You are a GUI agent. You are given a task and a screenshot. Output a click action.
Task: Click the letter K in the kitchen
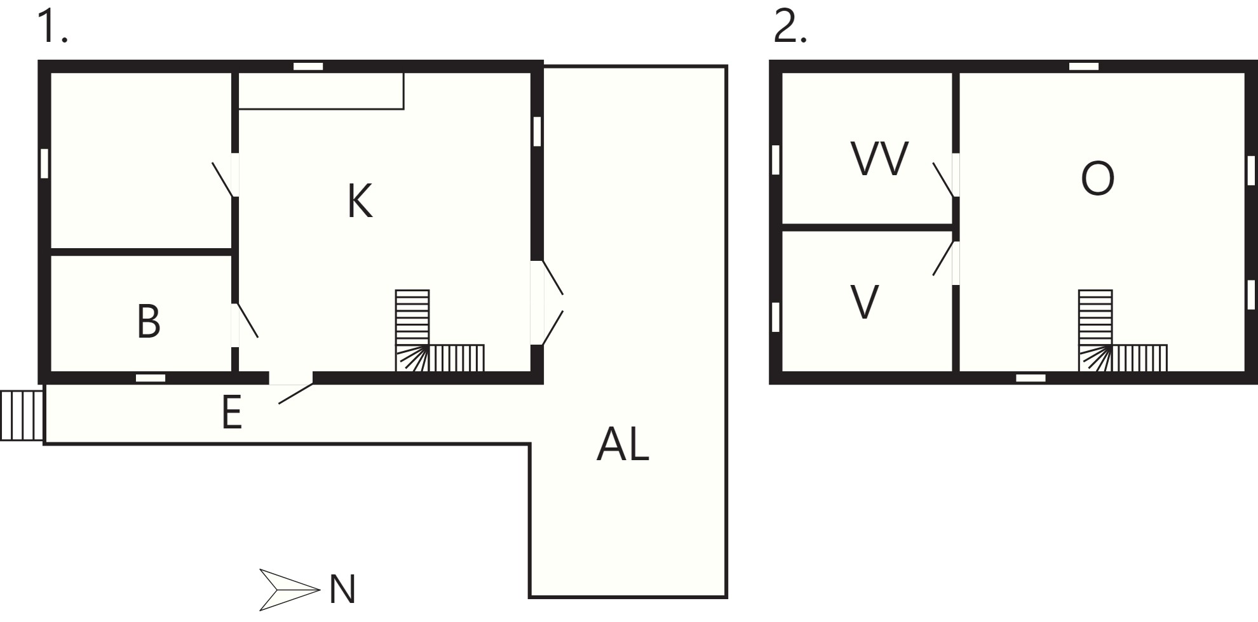pos(360,201)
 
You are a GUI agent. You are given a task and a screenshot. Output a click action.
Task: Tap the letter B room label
pos(149,321)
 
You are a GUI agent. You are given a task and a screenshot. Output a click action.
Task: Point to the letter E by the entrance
pos(232,412)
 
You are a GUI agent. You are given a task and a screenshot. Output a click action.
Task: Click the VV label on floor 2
pos(880,159)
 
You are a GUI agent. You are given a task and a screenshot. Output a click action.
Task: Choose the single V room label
pos(864,302)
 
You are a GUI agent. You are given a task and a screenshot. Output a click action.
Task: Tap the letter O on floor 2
pos(1097,178)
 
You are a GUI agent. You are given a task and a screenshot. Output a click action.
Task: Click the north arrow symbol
pos(289,590)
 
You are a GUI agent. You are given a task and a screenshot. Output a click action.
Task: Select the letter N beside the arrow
pos(342,589)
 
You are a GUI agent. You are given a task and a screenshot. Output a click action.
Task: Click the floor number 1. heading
pos(53,26)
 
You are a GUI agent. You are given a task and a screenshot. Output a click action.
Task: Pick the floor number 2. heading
pos(790,27)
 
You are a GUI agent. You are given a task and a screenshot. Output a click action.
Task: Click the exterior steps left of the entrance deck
pos(22,416)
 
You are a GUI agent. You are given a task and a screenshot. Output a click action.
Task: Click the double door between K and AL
pos(546,302)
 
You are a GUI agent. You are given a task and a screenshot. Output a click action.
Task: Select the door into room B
pos(244,324)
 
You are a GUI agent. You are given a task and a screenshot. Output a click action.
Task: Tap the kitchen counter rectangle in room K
pos(321,91)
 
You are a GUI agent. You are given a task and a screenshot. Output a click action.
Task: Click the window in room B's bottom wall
pos(151,378)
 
